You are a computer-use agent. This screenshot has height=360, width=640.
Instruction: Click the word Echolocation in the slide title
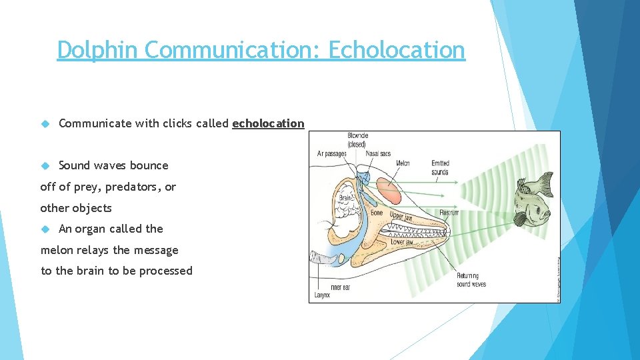(x=397, y=49)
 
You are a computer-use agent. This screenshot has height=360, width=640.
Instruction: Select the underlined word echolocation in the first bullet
(x=268, y=123)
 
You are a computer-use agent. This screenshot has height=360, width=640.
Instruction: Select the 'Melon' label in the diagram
(x=402, y=163)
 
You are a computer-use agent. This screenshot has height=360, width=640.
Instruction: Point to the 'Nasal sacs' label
(x=378, y=154)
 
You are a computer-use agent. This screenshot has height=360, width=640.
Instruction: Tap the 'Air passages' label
(x=331, y=154)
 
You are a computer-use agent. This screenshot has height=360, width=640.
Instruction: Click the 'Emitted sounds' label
(x=440, y=167)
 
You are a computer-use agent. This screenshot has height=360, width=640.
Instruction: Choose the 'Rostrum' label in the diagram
(x=449, y=213)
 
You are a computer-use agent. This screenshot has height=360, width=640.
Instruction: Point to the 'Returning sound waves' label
(x=471, y=280)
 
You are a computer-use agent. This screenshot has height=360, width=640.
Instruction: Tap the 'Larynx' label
(x=323, y=294)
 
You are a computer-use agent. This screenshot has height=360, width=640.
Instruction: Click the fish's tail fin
(x=545, y=184)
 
